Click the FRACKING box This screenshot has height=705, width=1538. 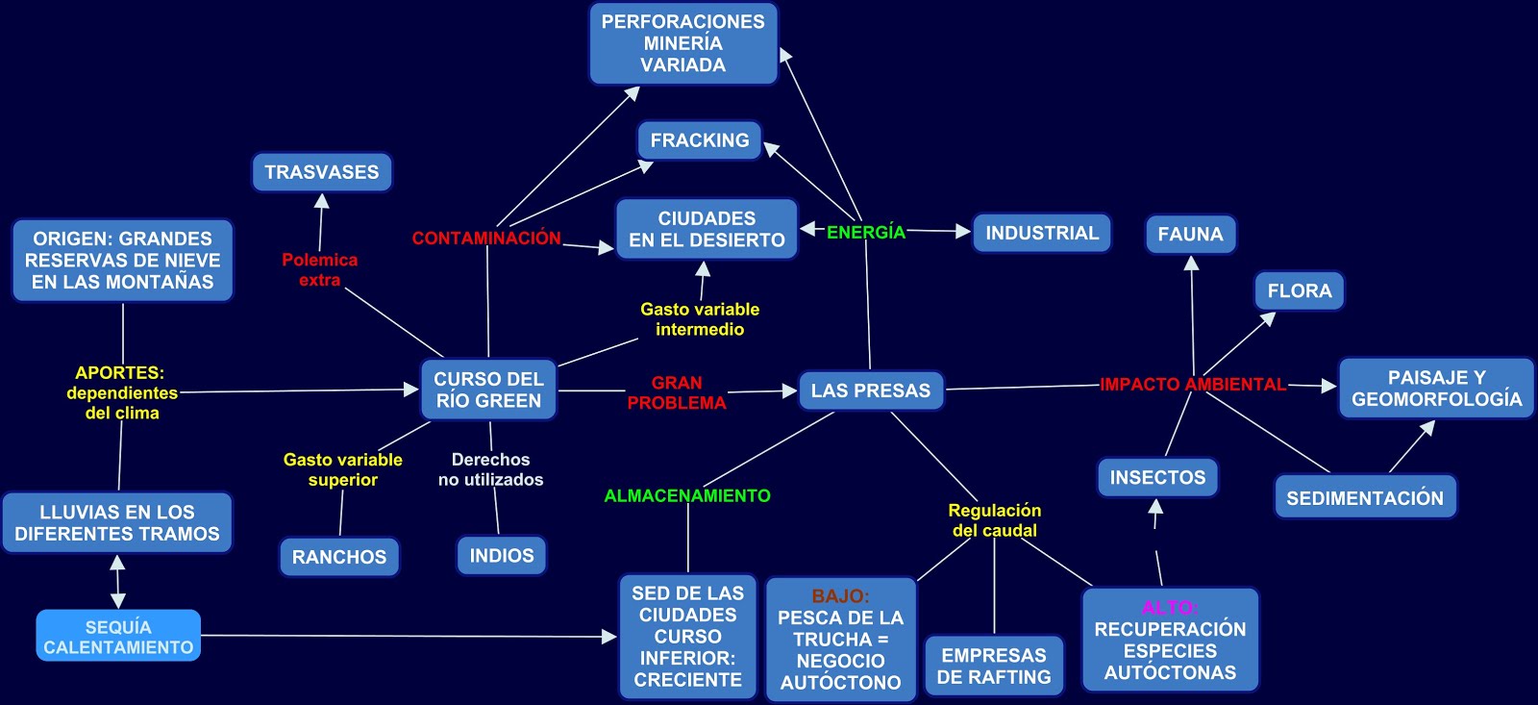coord(700,140)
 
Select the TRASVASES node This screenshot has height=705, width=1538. coord(322,172)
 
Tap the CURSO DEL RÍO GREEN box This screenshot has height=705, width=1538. coord(488,390)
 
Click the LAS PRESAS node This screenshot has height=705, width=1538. coord(870,390)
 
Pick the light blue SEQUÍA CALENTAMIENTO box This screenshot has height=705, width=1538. coord(118,637)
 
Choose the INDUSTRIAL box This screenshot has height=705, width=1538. coord(1042,233)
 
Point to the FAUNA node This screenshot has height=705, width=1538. coord(1190,235)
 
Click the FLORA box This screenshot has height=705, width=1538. coord(1299,290)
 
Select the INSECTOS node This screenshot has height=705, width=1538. coord(1157,477)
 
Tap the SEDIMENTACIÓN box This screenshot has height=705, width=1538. coord(1365,498)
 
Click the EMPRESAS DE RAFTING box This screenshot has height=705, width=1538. coord(994,666)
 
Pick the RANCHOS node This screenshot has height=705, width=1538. coord(339,557)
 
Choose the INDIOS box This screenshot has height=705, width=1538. coord(502,555)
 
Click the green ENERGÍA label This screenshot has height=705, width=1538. coord(866,232)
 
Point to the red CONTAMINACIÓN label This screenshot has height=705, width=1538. coord(486,238)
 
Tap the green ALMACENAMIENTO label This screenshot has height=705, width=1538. coord(687,496)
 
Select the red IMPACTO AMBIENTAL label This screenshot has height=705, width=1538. coord(1193,385)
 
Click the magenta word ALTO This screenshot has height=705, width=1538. coord(1169,608)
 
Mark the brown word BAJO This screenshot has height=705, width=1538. coord(840,596)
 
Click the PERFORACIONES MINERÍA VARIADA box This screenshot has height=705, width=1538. coord(683,43)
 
